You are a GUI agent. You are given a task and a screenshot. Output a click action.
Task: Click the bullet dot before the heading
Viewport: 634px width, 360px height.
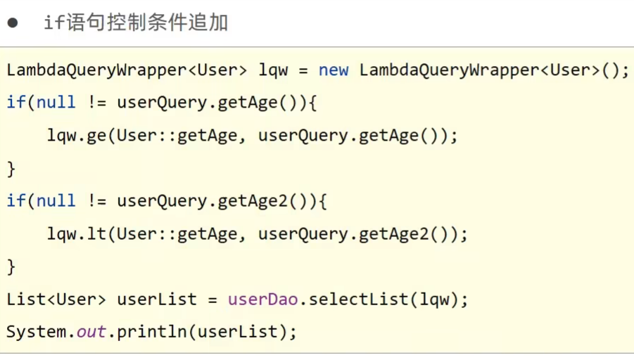tap(13, 23)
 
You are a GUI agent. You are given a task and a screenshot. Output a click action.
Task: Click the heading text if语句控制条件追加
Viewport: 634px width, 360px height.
tap(136, 23)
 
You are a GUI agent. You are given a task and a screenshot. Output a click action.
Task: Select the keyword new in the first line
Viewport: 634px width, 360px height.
tap(334, 70)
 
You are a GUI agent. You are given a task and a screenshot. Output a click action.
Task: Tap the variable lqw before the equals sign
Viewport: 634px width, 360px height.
tap(273, 70)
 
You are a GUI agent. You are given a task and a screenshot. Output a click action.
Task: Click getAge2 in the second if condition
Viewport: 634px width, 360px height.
tap(253, 201)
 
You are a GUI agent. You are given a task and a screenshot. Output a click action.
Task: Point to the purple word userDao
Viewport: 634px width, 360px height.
tap(258, 299)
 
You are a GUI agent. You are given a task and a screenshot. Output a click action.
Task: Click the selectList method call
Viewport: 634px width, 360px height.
tap(359, 299)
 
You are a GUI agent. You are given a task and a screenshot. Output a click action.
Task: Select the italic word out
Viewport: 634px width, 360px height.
tap(91, 331)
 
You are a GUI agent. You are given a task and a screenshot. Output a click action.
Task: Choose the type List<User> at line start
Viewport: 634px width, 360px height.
tap(56, 299)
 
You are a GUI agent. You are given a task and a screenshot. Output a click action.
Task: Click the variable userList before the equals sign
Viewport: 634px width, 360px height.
tap(157, 299)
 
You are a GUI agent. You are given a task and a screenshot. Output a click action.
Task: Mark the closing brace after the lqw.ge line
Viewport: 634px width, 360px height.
tap(11, 169)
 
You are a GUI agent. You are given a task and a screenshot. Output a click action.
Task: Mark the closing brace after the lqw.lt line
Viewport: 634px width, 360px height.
tap(11, 266)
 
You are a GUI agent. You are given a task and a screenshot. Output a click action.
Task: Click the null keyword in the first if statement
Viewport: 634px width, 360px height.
tap(56, 103)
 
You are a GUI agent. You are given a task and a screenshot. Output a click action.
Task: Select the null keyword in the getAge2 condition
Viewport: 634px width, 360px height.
tap(56, 201)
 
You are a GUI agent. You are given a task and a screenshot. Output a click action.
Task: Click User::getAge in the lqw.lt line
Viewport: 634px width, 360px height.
tap(177, 233)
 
